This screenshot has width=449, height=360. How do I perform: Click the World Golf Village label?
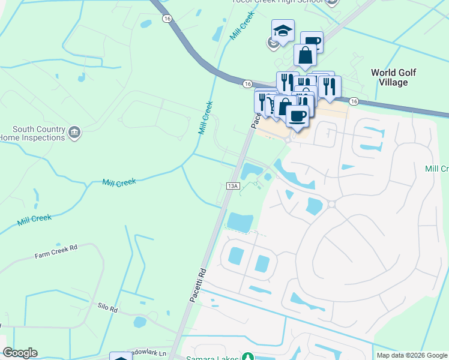coord(393,77)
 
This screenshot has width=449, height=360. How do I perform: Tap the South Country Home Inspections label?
coord(38,133)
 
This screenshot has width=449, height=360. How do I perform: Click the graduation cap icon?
coord(283,30)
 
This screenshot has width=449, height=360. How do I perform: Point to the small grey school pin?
coord(272,42)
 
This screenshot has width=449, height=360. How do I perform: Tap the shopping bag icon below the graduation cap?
coord(305,55)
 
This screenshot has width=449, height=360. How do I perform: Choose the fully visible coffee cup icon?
coord(297,115)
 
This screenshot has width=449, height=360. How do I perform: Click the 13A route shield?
coord(234,187)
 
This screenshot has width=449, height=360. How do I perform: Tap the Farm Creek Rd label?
coord(56,251)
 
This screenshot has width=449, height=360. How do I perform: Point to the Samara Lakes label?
coord(216,358)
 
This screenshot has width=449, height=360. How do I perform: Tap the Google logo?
coord(20,353)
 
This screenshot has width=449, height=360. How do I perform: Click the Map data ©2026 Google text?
coord(412,355)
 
